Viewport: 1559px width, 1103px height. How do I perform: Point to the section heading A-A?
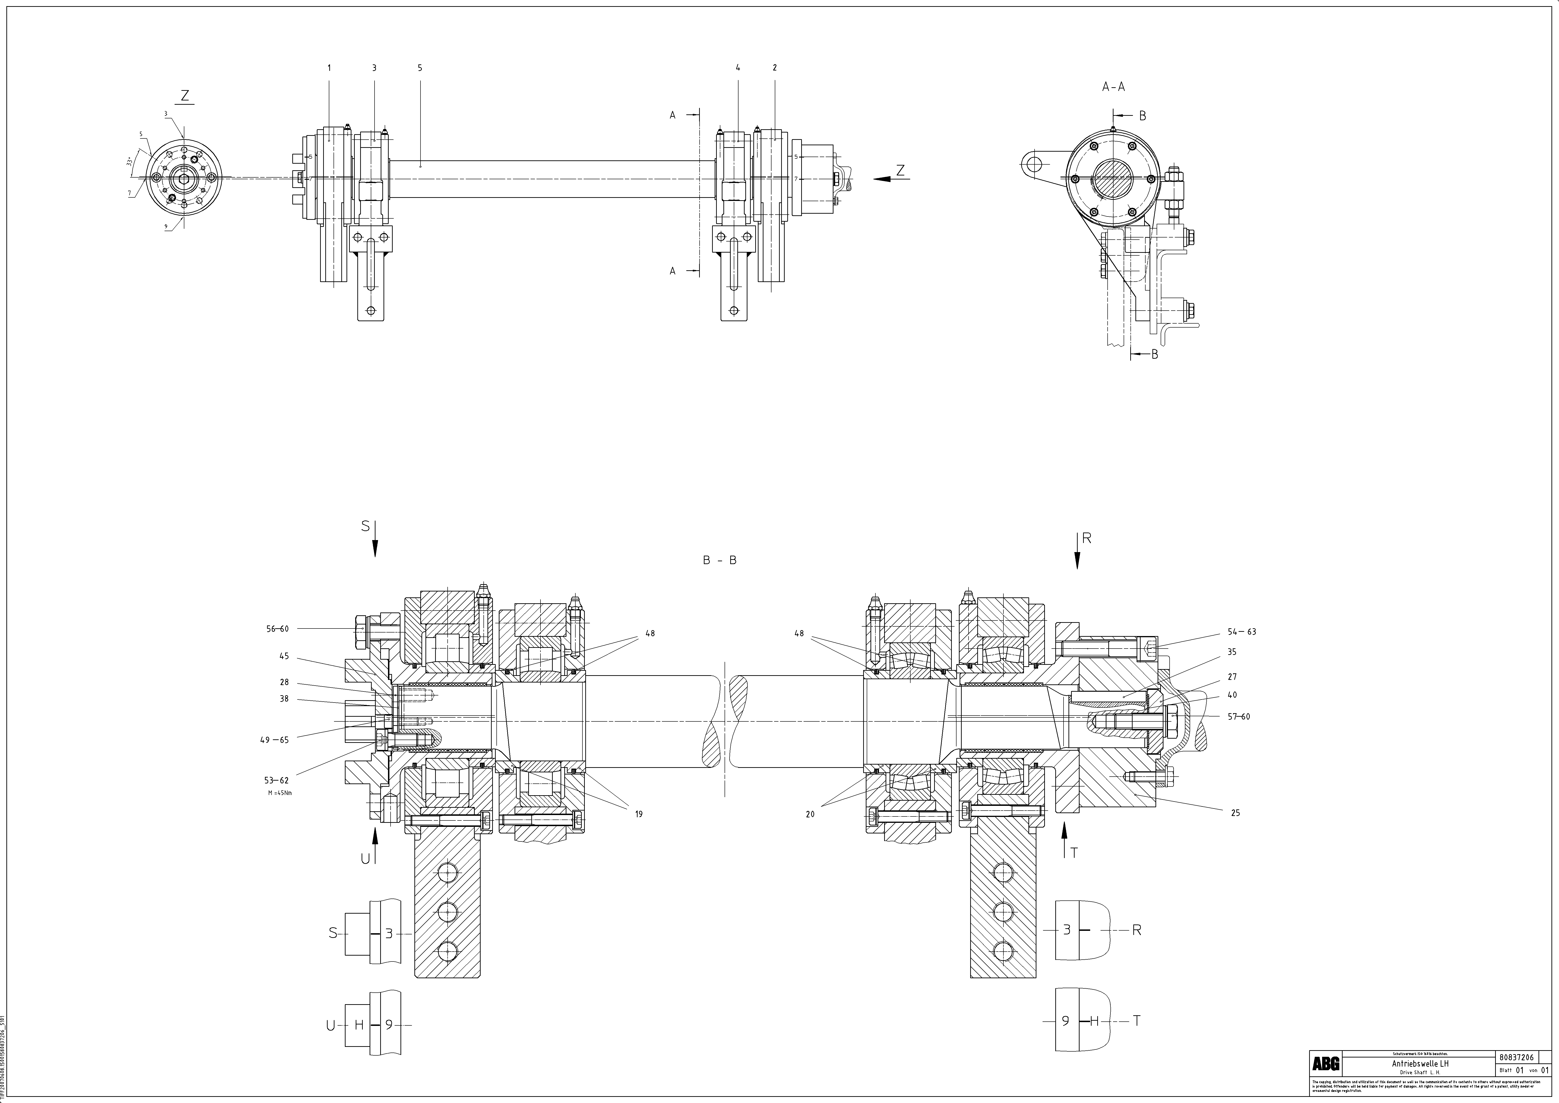pyautogui.click(x=1114, y=87)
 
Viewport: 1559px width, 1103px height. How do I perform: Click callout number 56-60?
pyautogui.click(x=277, y=629)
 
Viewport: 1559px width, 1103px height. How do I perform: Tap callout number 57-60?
pyautogui.click(x=1238, y=716)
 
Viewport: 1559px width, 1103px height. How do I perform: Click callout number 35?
pyautogui.click(x=1232, y=652)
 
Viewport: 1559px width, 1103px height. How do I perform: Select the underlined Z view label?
pyautogui.click(x=185, y=96)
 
